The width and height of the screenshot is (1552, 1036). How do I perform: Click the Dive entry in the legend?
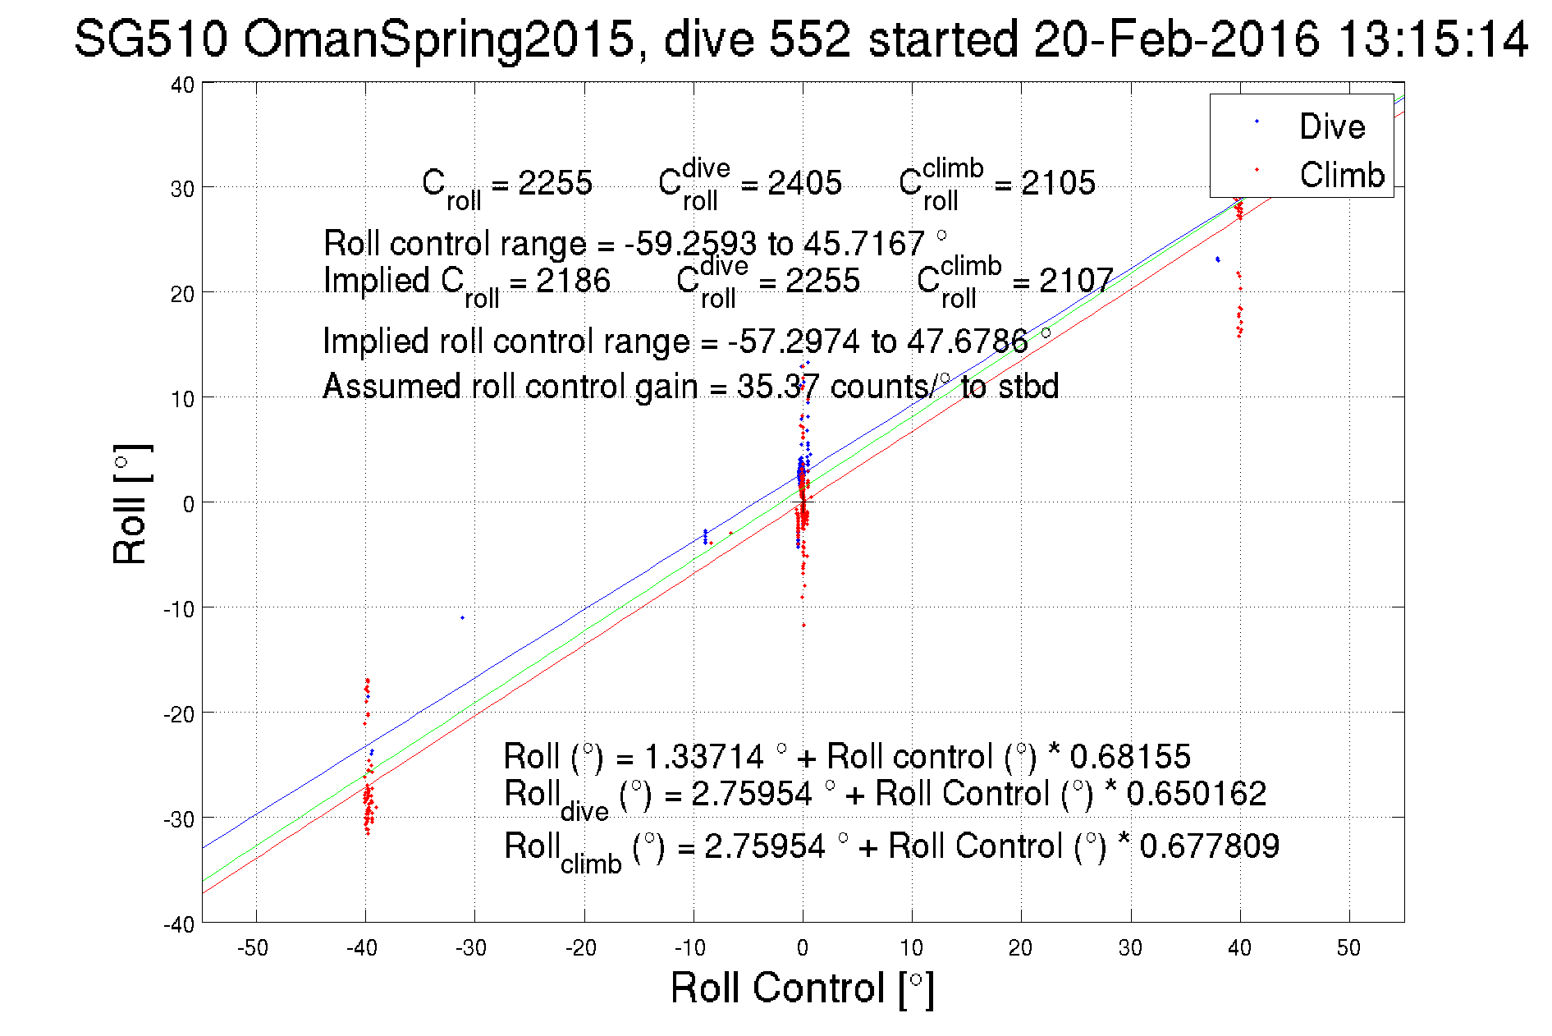click(x=1331, y=126)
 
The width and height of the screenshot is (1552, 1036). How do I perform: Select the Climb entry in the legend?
click(x=1341, y=175)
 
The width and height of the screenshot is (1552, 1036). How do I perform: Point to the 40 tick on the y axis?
click(x=182, y=85)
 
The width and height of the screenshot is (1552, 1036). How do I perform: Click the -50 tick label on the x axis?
click(x=253, y=948)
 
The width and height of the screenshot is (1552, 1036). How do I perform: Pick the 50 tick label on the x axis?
click(x=1348, y=948)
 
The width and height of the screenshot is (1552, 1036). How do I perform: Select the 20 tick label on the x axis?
click(x=1020, y=948)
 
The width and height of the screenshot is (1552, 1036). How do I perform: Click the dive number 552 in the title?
click(x=813, y=39)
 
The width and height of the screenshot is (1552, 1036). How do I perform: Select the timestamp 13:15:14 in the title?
click(x=1432, y=39)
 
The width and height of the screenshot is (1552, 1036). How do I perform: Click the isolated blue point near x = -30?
click(x=462, y=617)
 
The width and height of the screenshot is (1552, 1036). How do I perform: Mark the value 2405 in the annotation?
click(x=803, y=183)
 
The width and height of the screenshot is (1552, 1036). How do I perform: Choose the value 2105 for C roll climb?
click(x=1057, y=183)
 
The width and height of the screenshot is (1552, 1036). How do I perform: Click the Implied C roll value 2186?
click(x=573, y=281)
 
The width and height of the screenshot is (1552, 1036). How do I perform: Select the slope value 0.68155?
click(x=1129, y=756)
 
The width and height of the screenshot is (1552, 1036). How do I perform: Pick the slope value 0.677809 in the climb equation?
click(x=1209, y=846)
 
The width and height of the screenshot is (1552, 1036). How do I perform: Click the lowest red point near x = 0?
click(x=803, y=626)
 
